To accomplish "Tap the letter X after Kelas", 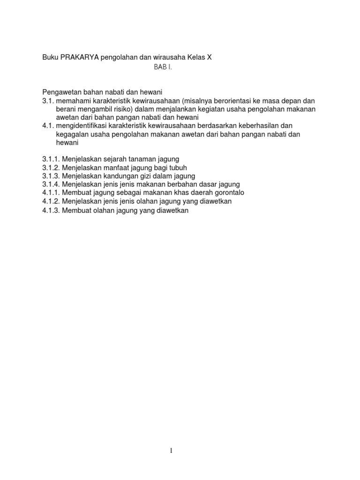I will click(x=210, y=57).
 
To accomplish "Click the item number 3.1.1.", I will click(x=51, y=159).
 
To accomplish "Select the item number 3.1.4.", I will click(x=51, y=185).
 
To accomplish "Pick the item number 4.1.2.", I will click(x=51, y=202).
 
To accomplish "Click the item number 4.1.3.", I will click(x=51, y=210).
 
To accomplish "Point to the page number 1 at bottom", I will click(x=171, y=451).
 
